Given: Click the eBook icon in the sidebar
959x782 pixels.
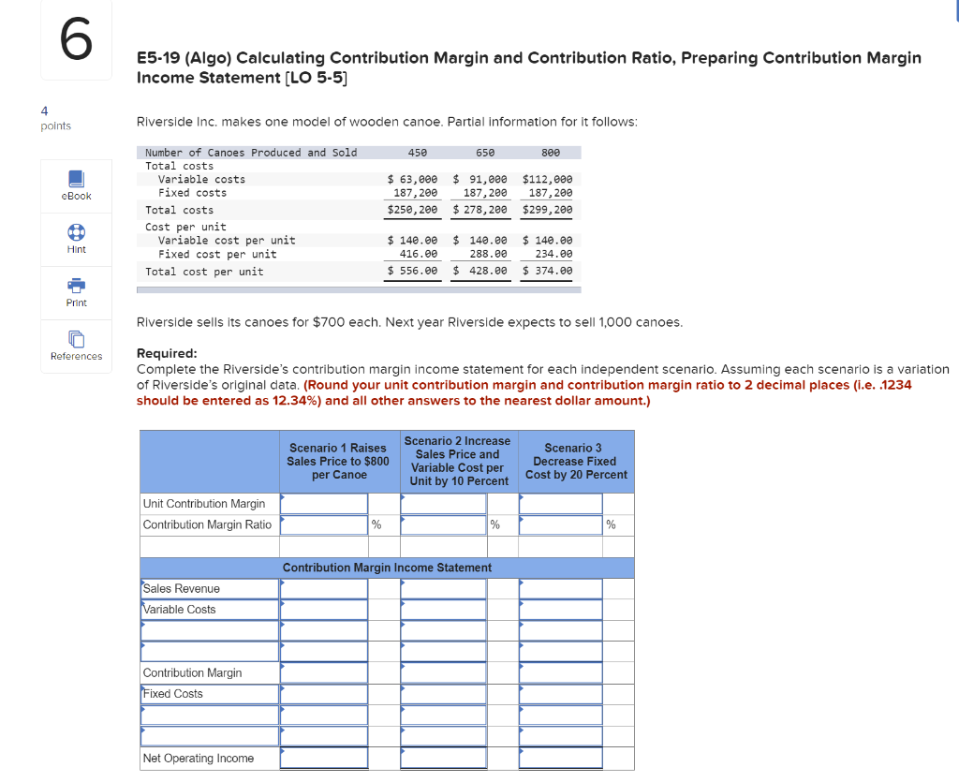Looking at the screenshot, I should tap(76, 178).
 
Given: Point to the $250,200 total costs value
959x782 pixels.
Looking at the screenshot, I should tap(412, 210).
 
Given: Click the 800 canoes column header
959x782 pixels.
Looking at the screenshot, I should tap(551, 153).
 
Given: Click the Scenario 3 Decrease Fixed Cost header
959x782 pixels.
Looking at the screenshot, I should tap(576, 461).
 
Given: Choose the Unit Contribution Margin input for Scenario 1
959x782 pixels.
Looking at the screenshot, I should tap(324, 504).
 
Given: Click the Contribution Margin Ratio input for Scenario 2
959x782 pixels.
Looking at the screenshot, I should tap(444, 524).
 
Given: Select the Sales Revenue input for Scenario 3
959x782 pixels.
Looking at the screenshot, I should tap(561, 589).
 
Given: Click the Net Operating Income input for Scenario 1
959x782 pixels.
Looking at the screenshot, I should tap(324, 758).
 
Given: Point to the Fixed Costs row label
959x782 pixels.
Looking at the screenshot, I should tap(173, 694).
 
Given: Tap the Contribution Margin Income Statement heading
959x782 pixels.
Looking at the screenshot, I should tap(387, 568).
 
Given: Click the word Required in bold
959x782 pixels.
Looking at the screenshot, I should tap(167, 353).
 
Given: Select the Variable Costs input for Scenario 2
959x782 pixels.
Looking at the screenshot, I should tap(444, 610).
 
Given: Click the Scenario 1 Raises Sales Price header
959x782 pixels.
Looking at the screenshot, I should tap(337, 461).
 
